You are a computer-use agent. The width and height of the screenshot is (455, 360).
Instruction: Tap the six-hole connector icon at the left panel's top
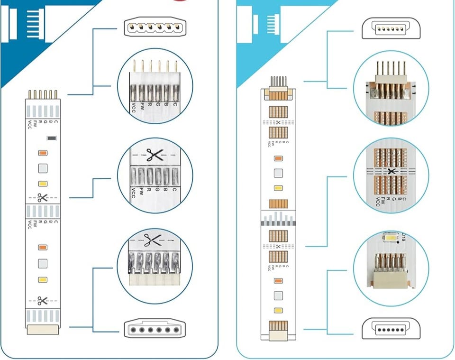coord(155,28)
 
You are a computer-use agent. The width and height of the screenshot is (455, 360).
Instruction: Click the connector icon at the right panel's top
coord(391,28)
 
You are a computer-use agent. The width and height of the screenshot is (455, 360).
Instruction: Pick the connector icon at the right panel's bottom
coord(391,329)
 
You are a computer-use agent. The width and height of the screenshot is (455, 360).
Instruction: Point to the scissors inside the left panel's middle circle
coord(154,155)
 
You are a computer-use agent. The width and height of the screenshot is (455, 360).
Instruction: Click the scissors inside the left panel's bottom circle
coord(153,240)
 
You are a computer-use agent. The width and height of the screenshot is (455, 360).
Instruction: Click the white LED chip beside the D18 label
coord(392,237)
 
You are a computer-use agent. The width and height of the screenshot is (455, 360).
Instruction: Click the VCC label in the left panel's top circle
coord(134,109)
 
